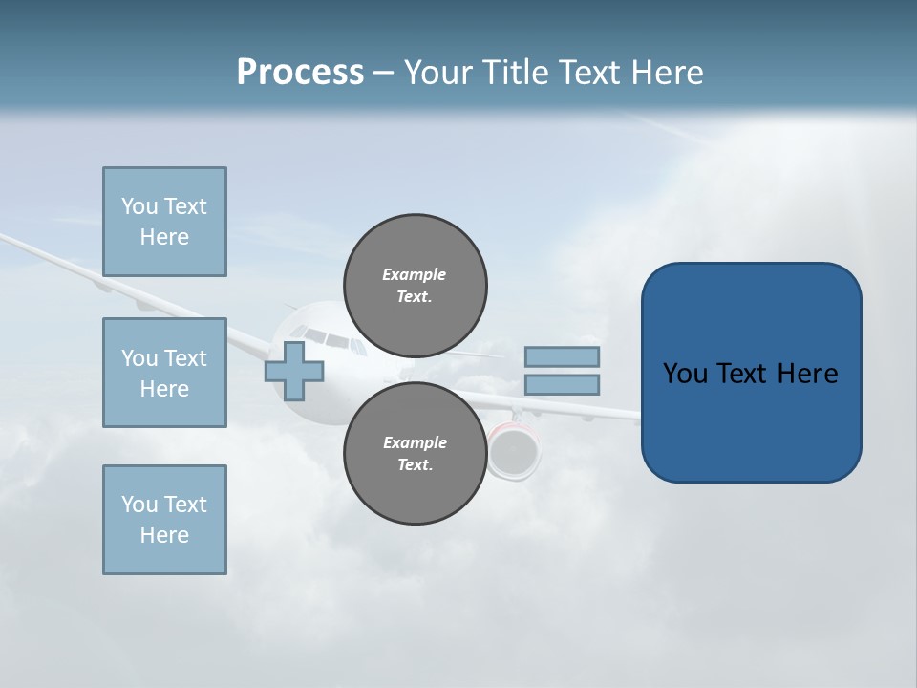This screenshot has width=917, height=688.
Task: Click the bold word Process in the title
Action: pyautogui.click(x=300, y=73)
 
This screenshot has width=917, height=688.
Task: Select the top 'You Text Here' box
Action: pyautogui.click(x=164, y=222)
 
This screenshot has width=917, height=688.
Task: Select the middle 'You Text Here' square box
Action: pyautogui.click(x=164, y=373)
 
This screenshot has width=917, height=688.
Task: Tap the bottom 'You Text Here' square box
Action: pyautogui.click(x=164, y=520)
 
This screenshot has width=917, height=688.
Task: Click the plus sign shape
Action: pyautogui.click(x=294, y=371)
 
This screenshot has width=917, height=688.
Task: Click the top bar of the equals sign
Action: pyautogui.click(x=562, y=356)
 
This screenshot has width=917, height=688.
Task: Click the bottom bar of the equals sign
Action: pyautogui.click(x=562, y=385)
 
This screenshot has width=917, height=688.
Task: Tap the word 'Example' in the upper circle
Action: pyautogui.click(x=414, y=274)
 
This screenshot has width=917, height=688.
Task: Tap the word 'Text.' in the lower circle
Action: pyautogui.click(x=415, y=464)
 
